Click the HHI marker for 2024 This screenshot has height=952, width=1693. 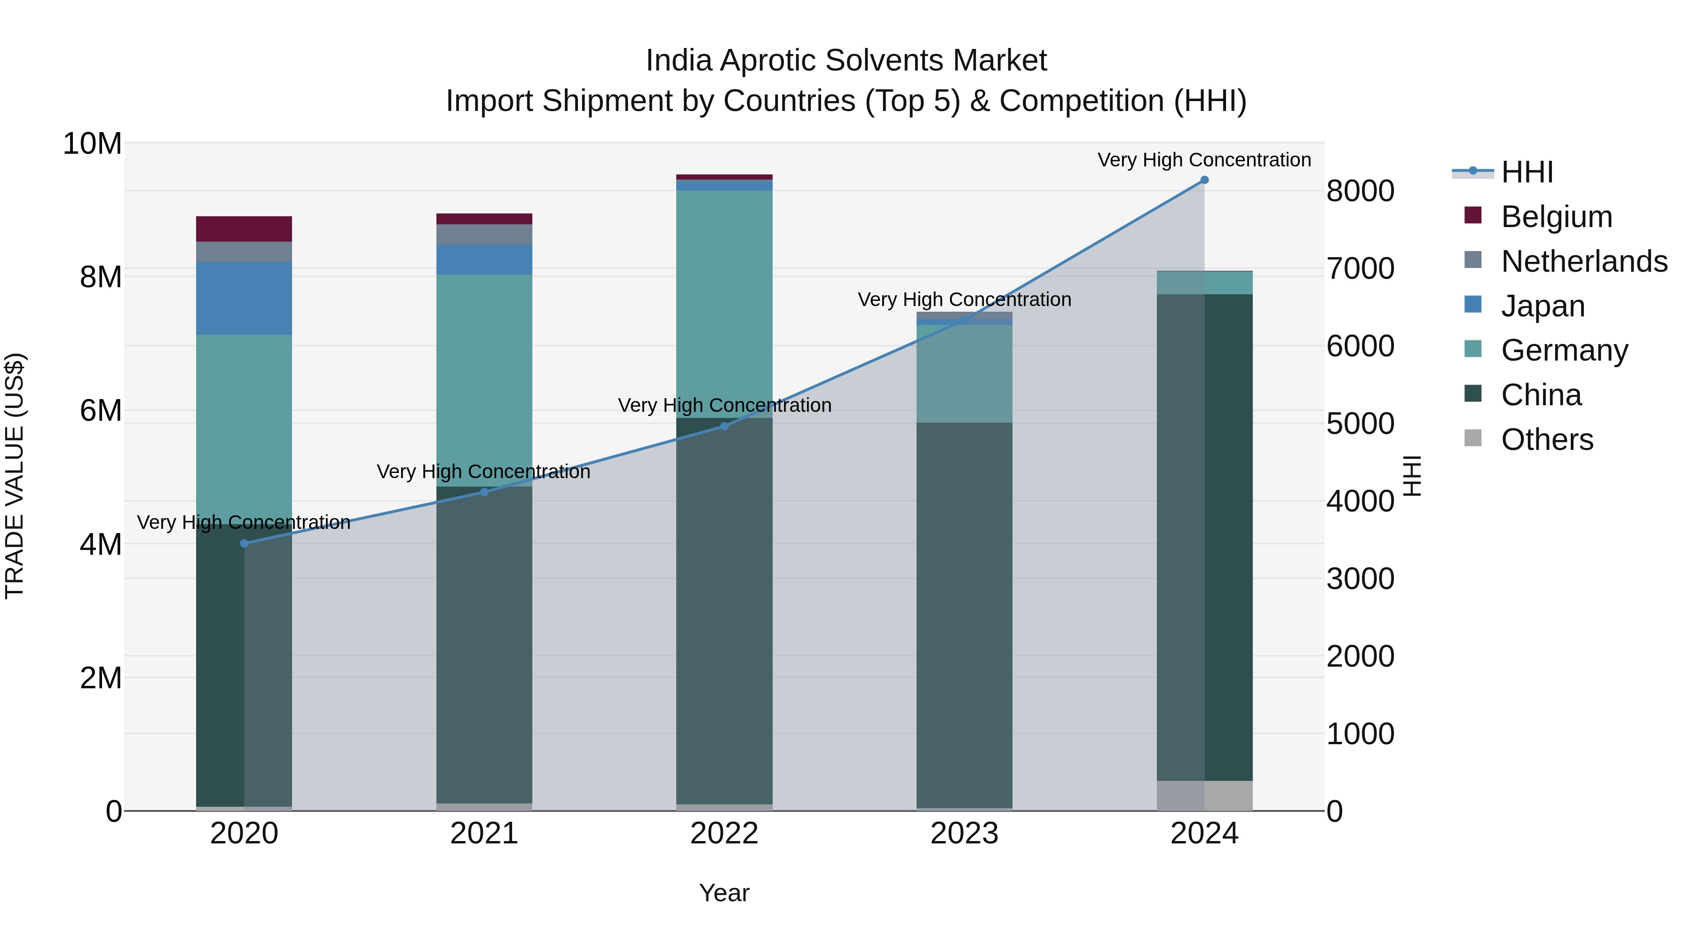[x=1204, y=180]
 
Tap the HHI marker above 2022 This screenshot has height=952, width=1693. [x=724, y=426]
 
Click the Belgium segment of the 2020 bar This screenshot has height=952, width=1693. [x=244, y=228]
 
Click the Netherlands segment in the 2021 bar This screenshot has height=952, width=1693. [x=484, y=235]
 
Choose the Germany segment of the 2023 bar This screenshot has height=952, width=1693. [x=964, y=373]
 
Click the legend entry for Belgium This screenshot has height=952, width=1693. [x=1556, y=217]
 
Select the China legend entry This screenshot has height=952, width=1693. [x=1541, y=395]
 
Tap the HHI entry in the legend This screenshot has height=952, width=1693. [x=1526, y=172]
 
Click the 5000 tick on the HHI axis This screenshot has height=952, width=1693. [x=1360, y=424]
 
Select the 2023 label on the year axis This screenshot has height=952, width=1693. [x=964, y=834]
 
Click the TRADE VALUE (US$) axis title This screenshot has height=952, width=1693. [x=15, y=476]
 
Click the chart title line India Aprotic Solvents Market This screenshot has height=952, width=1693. [x=846, y=61]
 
